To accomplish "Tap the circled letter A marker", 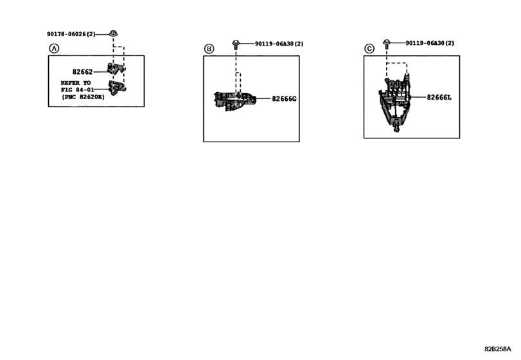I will (x=53, y=48).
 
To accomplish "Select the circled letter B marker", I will (x=208, y=48).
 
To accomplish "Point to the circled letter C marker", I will (x=369, y=48).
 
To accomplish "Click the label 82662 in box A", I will (x=82, y=73).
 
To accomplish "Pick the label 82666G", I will (x=283, y=99).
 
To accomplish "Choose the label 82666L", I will (x=440, y=98).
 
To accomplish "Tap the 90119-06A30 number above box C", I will (x=430, y=43).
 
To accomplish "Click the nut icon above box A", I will (x=113, y=33).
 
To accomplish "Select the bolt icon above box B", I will (x=236, y=44).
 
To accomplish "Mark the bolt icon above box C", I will (x=387, y=44).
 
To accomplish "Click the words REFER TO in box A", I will (x=76, y=83).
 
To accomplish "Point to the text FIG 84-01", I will (x=77, y=90).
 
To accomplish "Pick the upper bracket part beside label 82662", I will (x=117, y=69).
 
